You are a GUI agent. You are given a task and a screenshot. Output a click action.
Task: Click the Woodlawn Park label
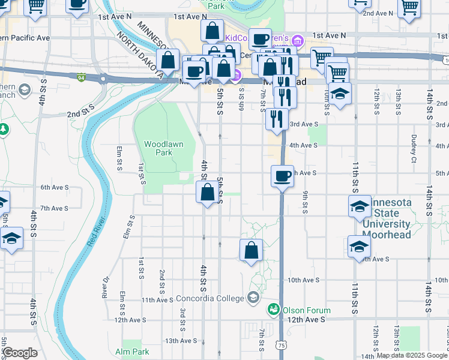pyautogui.click(x=158, y=148)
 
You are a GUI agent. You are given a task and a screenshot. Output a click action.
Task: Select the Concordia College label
pyautogui.click(x=211, y=298)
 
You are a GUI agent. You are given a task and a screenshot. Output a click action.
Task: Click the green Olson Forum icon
pyautogui.click(x=273, y=309)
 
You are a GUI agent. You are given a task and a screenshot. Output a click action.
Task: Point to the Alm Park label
pyautogui.click(x=132, y=352)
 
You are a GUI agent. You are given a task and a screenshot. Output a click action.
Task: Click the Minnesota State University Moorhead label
pyautogui.click(x=395, y=218)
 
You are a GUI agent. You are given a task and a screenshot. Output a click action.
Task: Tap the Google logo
pyautogui.click(x=20, y=353)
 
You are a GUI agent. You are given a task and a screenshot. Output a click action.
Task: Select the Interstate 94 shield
pyautogui.click(x=81, y=77)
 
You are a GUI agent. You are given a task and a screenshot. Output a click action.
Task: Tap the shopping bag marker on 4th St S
pyautogui.click(x=207, y=193)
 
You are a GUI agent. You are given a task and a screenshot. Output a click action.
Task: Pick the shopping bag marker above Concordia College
pyautogui.click(x=251, y=250)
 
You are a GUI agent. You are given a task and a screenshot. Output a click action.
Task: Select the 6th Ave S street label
pyautogui.click(x=54, y=187)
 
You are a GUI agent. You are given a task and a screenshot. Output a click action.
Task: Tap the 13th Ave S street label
pyautogui.click(x=180, y=341)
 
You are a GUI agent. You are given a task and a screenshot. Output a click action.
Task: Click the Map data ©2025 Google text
pyautogui.click(x=412, y=355)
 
